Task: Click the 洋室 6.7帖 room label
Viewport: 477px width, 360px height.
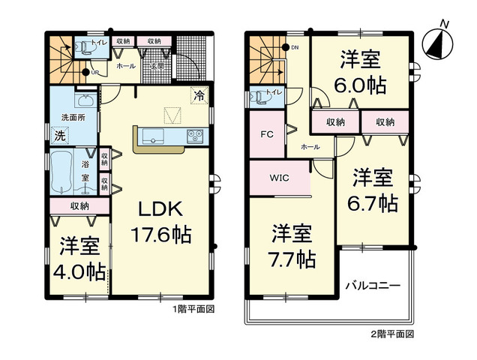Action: tap(373, 190)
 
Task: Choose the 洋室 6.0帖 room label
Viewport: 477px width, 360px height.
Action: tap(363, 73)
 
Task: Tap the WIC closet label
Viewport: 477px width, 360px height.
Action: tap(278, 178)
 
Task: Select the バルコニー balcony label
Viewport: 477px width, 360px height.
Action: tap(373, 286)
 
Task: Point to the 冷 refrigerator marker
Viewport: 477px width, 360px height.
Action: tap(199, 96)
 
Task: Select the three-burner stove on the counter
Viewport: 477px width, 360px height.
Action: tap(195, 136)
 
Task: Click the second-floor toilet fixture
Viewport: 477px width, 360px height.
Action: tap(259, 97)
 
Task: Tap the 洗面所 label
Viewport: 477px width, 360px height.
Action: tap(73, 118)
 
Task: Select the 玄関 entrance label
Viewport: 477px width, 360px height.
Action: tap(157, 66)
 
